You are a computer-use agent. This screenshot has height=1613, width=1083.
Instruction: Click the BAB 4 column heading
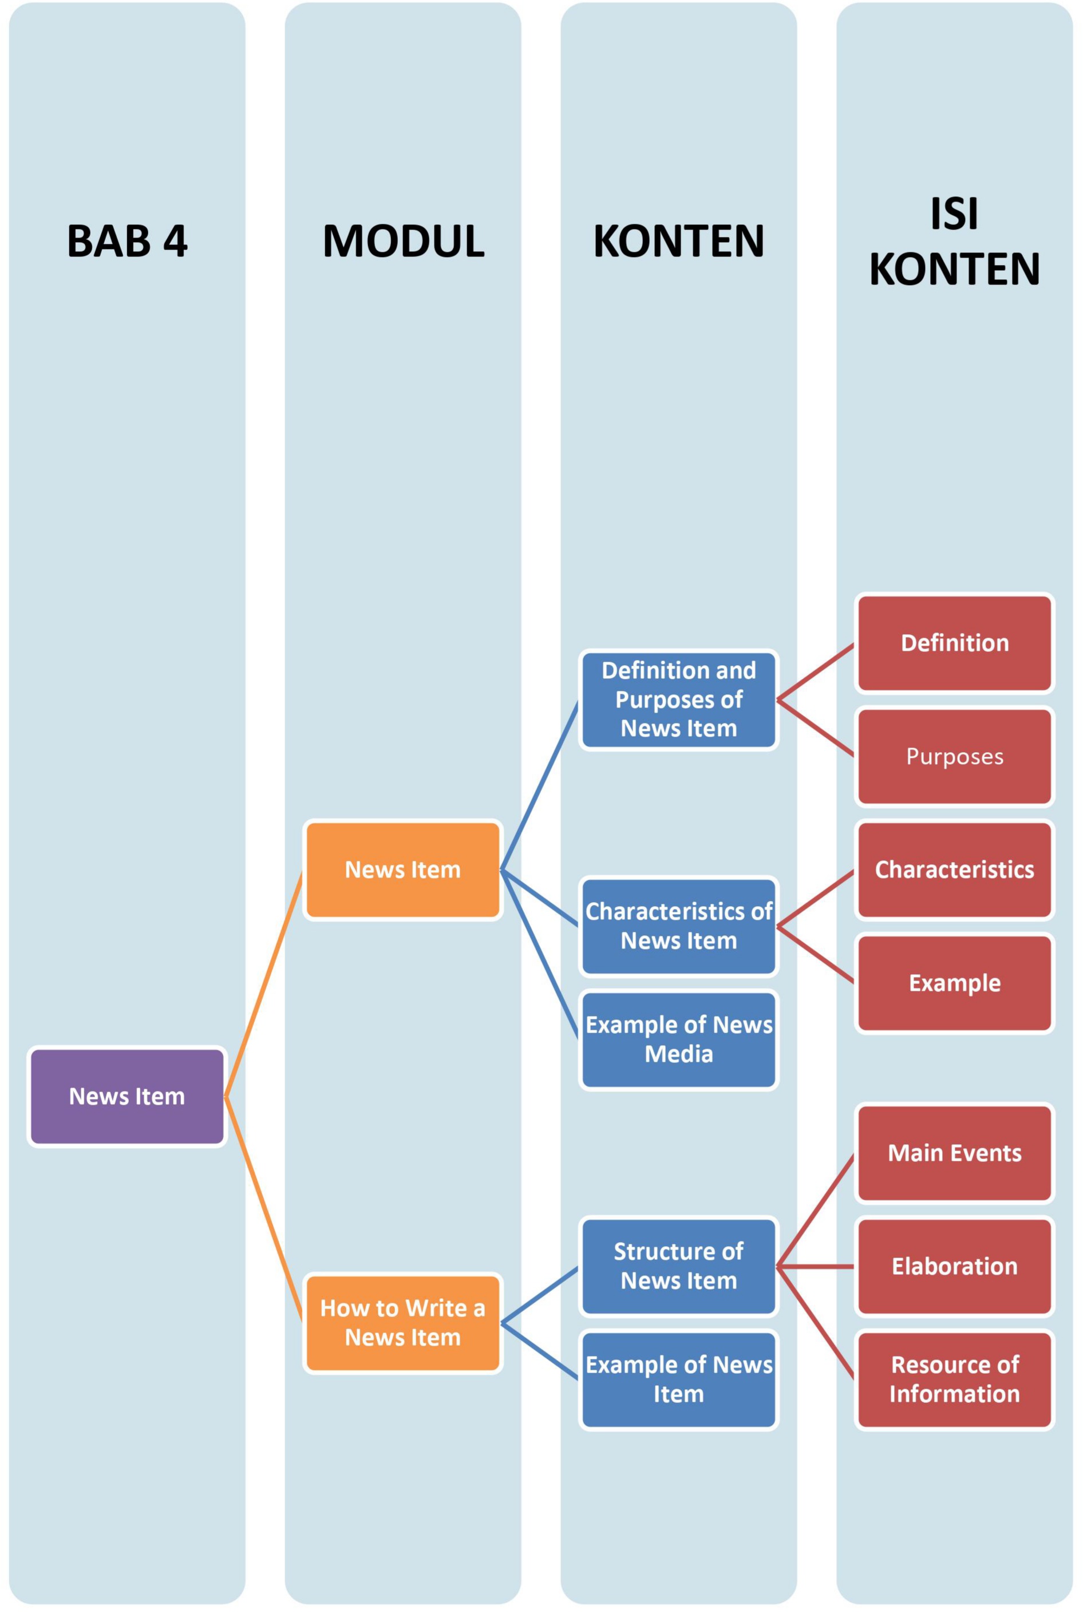pos(127,241)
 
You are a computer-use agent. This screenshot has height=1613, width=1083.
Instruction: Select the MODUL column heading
pos(404,241)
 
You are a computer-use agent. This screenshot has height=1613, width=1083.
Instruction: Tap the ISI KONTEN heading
pos(955,241)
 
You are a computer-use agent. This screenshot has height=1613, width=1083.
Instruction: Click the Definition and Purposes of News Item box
pos(678,699)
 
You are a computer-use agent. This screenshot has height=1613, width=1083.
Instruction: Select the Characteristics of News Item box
pos(678,926)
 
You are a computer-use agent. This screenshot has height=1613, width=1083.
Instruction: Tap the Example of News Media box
pos(678,1039)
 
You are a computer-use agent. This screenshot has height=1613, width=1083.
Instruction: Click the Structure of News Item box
pos(678,1266)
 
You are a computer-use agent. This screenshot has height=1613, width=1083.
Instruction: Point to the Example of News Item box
pos(678,1379)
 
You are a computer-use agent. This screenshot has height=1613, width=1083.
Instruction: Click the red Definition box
pos(955,643)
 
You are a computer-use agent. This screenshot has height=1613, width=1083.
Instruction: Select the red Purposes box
pos(955,756)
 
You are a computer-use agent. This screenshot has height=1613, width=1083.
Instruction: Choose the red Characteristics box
pos(955,869)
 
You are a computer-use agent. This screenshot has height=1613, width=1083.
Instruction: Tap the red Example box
pos(955,983)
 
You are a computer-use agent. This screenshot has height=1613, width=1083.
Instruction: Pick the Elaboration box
pos(955,1266)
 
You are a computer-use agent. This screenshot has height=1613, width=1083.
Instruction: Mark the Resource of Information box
pos(955,1379)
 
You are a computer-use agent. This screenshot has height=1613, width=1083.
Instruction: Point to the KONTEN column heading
pos(678,241)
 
